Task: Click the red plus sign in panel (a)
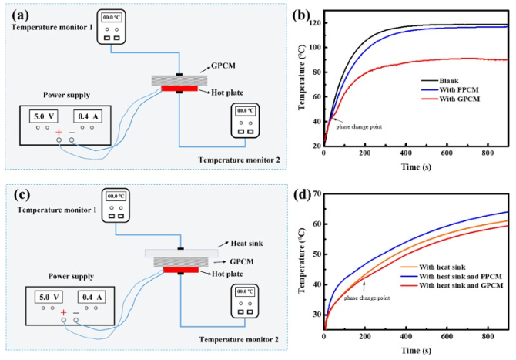tap(59, 132)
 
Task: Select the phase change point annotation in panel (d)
tap(368, 297)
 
